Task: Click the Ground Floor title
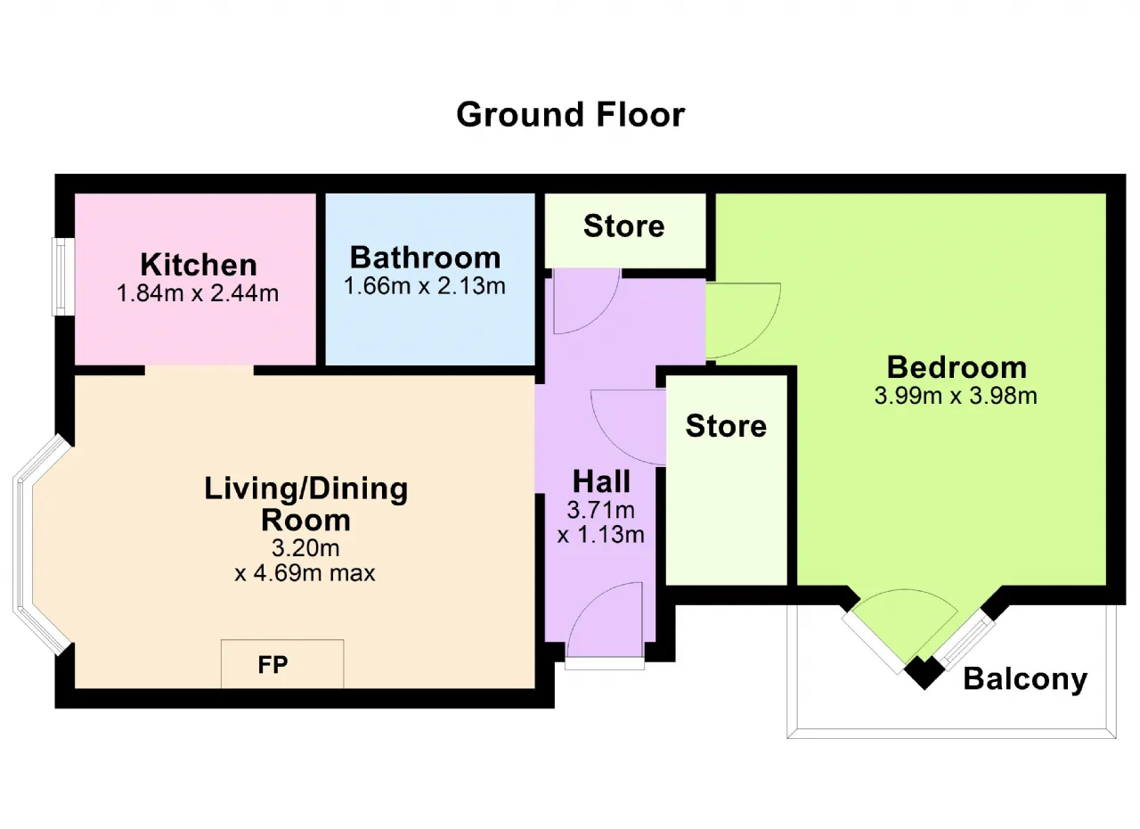[x=571, y=115]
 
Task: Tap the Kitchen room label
[x=199, y=265]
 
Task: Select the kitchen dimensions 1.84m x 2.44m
[x=198, y=293]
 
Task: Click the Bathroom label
[x=426, y=258]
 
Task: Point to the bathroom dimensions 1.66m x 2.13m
[x=425, y=286]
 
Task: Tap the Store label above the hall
[x=624, y=226]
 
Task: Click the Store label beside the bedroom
[x=726, y=426]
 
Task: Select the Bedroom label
[x=957, y=367]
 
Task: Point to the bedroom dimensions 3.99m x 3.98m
[x=956, y=396]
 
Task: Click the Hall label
[x=601, y=481]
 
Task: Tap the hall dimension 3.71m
[x=601, y=510]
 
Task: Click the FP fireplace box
[x=282, y=664]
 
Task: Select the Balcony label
[x=1025, y=679]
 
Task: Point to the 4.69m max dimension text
[x=305, y=573]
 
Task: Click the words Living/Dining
[x=305, y=489]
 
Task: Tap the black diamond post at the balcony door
[x=924, y=673]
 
